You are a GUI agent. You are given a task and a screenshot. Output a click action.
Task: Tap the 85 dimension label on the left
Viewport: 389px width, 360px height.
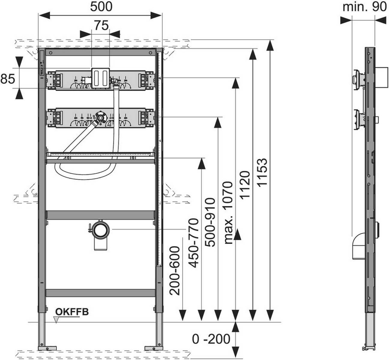pos(8,79)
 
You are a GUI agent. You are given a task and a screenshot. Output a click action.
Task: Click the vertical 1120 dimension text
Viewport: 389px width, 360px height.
pos(245,185)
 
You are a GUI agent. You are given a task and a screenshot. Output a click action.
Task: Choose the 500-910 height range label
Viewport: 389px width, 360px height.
pos(212,222)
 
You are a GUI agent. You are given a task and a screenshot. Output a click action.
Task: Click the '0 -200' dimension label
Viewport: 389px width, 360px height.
pos(211,339)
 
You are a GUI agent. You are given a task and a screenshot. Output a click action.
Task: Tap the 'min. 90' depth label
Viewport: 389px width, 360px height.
pos(364,7)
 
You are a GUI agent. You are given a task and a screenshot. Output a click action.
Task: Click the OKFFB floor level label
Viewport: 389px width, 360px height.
pos(71,312)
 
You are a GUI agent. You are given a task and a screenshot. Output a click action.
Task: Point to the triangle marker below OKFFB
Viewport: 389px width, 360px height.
pos(56,320)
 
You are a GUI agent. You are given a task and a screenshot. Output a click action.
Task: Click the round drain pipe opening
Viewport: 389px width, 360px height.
pos(100,230)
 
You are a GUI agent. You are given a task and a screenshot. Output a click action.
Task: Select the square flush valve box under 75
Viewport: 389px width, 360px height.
pos(100,79)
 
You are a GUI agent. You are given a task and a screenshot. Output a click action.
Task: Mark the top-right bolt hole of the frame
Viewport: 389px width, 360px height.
pos(149,53)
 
